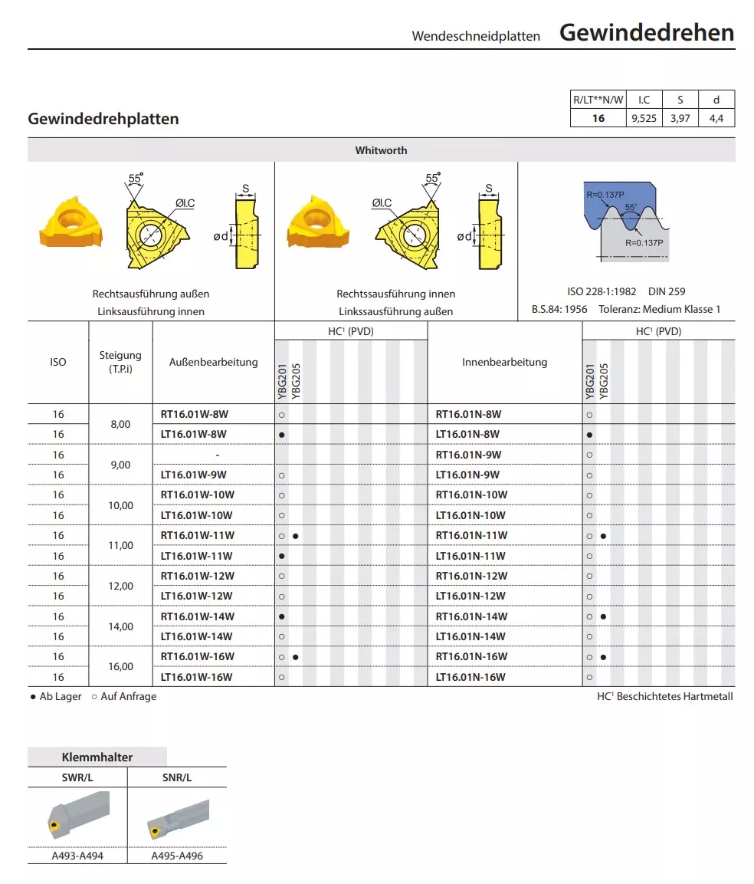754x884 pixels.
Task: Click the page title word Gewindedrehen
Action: pyautogui.click(x=647, y=33)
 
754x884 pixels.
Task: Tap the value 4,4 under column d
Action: pyautogui.click(x=716, y=118)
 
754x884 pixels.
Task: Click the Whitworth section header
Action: pyautogui.click(x=381, y=150)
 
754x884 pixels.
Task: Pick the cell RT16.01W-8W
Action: pyautogui.click(x=195, y=414)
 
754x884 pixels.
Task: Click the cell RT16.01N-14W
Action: pyautogui.click(x=471, y=616)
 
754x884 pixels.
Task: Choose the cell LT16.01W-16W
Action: pyautogui.click(x=197, y=677)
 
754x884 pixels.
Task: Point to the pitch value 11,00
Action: pyautogui.click(x=121, y=546)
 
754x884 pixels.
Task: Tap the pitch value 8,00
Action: pyautogui.click(x=121, y=424)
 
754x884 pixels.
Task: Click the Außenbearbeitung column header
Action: pyautogui.click(x=213, y=362)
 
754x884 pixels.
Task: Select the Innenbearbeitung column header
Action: pyautogui.click(x=504, y=362)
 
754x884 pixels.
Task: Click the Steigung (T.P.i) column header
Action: pyautogui.click(x=120, y=362)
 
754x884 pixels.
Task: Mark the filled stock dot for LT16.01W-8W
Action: pyautogui.click(x=282, y=435)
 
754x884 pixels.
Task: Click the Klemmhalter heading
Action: pyautogui.click(x=97, y=757)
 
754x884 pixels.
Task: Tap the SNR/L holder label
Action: pyautogui.click(x=177, y=777)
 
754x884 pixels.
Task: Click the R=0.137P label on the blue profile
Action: pyautogui.click(x=605, y=195)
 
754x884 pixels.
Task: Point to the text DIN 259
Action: pyautogui.click(x=667, y=291)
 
